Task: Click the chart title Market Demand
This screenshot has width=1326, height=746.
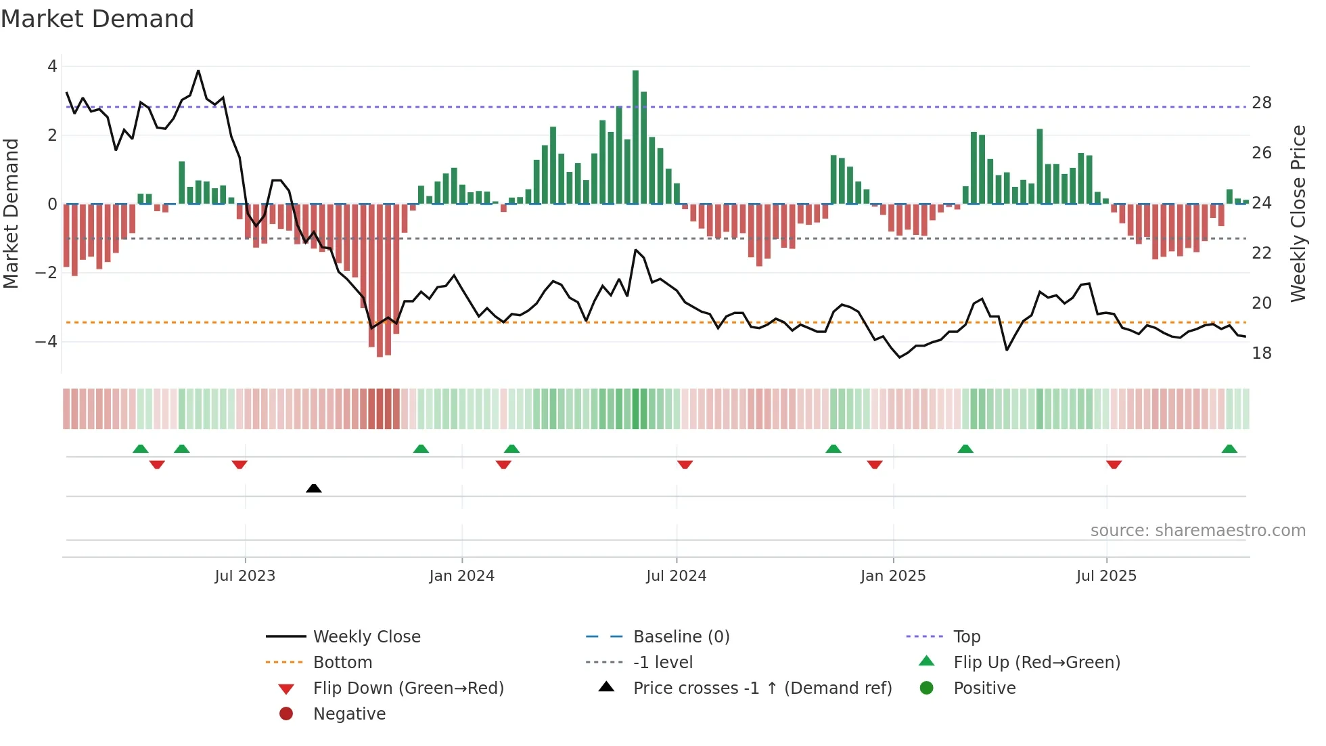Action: pos(97,18)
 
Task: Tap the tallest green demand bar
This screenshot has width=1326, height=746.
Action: pos(635,135)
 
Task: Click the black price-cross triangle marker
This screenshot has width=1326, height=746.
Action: pos(313,488)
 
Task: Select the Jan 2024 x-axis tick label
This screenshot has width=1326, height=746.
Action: pos(461,576)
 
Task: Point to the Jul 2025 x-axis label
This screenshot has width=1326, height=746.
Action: pos(1106,576)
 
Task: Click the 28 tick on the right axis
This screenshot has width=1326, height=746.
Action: pos(1261,103)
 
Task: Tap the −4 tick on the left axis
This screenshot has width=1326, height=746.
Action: pos(46,341)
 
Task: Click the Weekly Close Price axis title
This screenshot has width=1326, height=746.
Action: pos(1298,213)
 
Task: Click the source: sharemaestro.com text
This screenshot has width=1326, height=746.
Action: pos(1197,530)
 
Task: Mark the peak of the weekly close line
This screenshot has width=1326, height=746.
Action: pos(198,70)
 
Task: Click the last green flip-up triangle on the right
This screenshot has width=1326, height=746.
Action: pos(1229,449)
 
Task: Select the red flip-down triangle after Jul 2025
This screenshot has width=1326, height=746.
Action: pos(1114,464)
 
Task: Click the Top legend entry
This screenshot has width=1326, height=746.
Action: pos(966,636)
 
